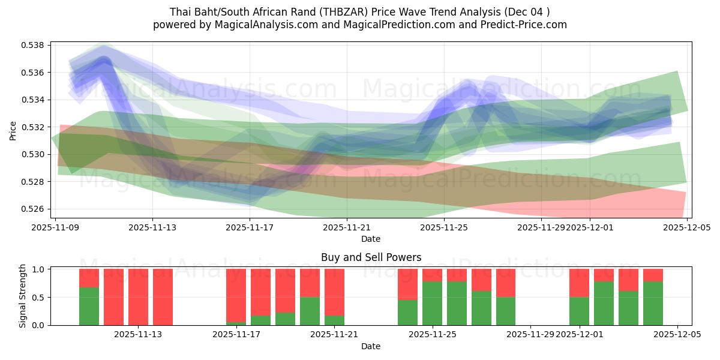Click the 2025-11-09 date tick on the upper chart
[55, 227]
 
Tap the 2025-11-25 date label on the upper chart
[443, 227]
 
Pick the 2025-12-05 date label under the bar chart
[677, 335]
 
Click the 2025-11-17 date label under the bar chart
[236, 335]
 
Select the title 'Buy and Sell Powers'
[371, 257]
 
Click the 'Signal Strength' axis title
[23, 296]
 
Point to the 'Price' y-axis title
[13, 130]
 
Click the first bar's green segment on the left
[89, 307]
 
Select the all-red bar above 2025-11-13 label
[138, 297]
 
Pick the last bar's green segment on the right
[653, 304]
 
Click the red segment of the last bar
[653, 275]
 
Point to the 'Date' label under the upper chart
[371, 239]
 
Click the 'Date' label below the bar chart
[371, 346]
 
